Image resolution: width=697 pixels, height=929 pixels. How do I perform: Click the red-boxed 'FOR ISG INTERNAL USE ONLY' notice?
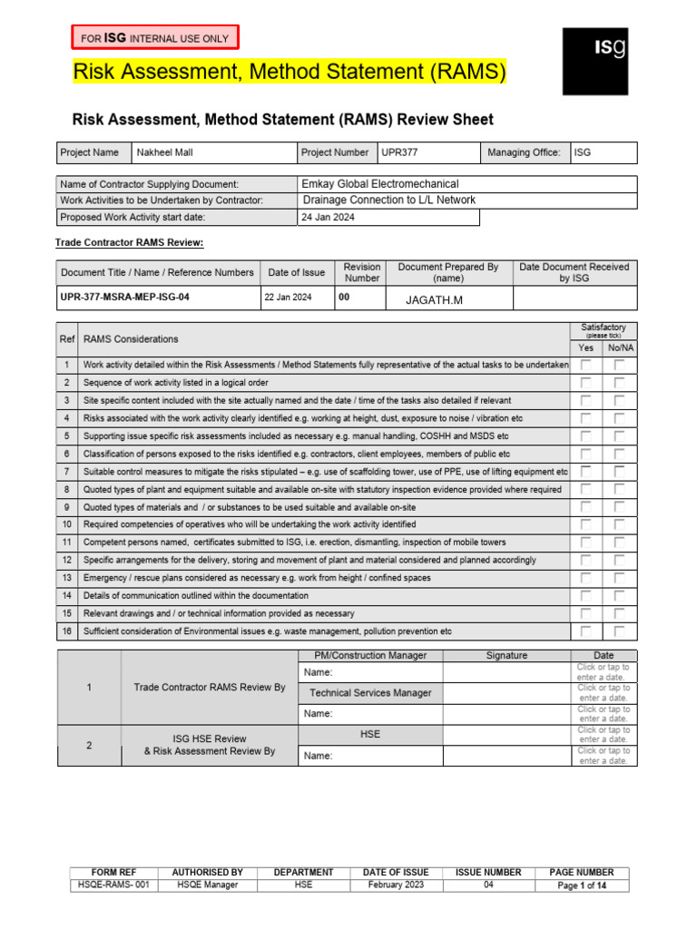155,37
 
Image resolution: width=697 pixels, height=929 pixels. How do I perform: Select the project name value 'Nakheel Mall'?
165,152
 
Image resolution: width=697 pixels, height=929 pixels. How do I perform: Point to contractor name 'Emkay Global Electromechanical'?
380,183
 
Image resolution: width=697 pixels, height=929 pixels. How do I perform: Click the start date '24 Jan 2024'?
329,217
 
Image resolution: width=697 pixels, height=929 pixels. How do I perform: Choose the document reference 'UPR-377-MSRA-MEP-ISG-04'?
125,297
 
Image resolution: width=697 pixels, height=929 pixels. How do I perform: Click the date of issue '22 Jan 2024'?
288,297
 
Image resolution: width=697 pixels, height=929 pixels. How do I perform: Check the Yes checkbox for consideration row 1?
586,365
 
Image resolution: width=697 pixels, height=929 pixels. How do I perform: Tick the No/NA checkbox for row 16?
619,631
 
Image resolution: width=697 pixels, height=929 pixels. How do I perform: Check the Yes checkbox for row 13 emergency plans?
586,578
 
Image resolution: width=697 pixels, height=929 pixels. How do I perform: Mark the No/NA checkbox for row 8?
619,489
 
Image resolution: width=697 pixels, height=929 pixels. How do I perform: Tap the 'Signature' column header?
506,655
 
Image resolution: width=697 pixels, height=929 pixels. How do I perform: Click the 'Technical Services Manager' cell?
370,693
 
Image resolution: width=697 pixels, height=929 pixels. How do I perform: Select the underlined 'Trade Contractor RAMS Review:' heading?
130,242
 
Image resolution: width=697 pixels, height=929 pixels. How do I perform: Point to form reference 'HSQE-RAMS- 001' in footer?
108,885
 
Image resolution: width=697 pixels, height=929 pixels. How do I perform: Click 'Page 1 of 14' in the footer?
582,885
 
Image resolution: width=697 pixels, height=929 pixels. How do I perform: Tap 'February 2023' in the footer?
396,885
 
